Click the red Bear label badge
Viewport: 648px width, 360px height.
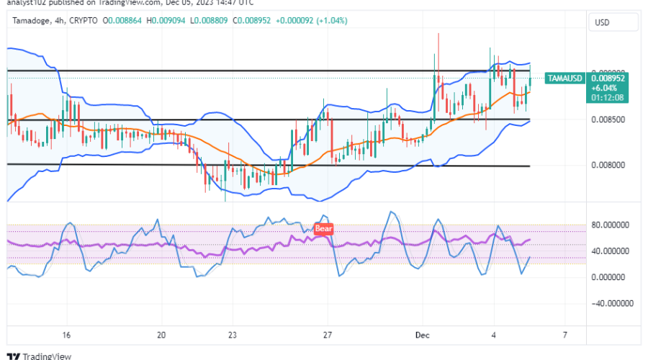click(x=325, y=229)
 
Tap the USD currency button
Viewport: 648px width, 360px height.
click(x=602, y=22)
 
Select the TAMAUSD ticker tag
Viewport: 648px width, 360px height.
click(x=564, y=78)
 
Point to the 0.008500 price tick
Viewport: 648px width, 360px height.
click(x=607, y=120)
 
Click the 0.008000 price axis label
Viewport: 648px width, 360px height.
click(x=607, y=166)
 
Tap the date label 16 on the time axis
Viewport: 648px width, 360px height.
click(x=67, y=335)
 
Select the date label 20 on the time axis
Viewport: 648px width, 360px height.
click(x=161, y=335)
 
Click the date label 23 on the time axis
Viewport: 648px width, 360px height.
click(x=233, y=335)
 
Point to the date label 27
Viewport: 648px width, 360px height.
click(x=327, y=335)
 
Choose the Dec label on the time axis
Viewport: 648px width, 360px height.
click(x=423, y=335)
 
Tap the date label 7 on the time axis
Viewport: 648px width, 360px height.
click(x=565, y=335)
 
